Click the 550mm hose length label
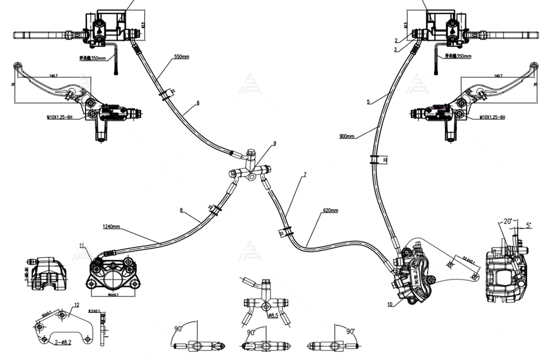click(182, 57)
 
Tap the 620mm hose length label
click(331, 211)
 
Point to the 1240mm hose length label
click(112, 227)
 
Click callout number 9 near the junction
click(274, 144)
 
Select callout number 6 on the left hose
click(197, 103)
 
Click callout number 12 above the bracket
click(76, 304)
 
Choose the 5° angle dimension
click(528, 225)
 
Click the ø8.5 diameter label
click(273, 316)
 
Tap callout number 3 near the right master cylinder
click(394, 50)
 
